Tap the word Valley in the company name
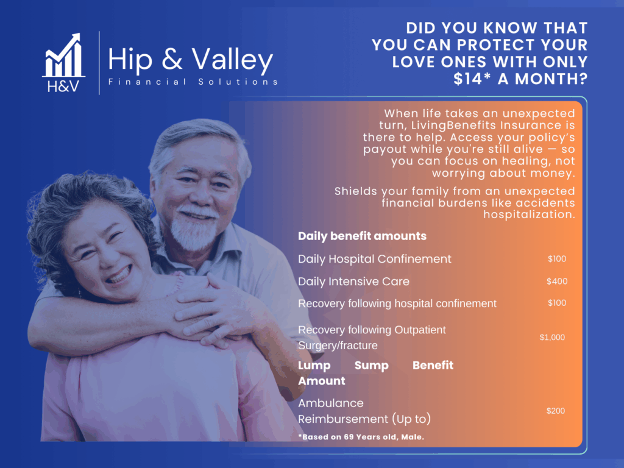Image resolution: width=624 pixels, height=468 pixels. [x=232, y=60]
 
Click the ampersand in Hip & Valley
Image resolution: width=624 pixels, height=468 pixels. [x=172, y=58]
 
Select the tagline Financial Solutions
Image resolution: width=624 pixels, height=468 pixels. [x=193, y=82]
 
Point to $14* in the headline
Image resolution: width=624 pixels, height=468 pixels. [x=472, y=79]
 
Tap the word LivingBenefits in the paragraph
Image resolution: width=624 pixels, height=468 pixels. [x=453, y=126]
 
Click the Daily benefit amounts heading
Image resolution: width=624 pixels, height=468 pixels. [x=362, y=236]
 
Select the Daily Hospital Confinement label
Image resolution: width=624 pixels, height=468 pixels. [x=375, y=259]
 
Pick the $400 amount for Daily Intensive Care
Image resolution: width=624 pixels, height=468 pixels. [x=557, y=282]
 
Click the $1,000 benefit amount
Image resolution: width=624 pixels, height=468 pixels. [x=552, y=338]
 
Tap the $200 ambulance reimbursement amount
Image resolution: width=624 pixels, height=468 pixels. [x=556, y=411]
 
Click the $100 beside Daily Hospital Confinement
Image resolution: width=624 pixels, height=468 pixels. [x=557, y=258]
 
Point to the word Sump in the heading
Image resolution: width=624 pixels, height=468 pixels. [x=371, y=366]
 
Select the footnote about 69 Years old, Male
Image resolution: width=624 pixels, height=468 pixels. [x=361, y=437]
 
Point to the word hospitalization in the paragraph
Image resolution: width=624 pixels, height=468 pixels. [x=529, y=215]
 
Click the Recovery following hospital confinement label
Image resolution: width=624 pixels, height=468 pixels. [x=397, y=303]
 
